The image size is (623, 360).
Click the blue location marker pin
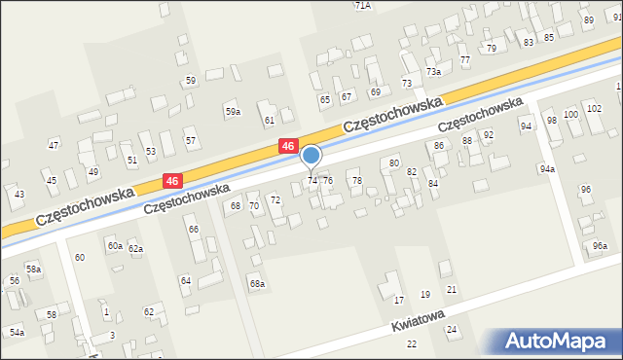coord(311,157)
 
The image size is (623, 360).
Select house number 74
coord(312,181)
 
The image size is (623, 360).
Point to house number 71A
coord(362,5)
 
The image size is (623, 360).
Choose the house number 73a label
coord(433,72)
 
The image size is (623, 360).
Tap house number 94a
coord(548,168)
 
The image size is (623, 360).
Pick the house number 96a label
coord(601,245)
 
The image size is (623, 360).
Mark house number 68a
coord(257,284)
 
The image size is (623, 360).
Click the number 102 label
coord(594,108)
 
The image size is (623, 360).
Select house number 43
coord(19,195)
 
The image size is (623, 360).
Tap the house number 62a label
coord(135,249)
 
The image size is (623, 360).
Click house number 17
coord(398,300)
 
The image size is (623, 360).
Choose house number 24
coord(452,330)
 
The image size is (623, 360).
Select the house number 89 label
coord(588,20)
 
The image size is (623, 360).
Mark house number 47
coord(54,145)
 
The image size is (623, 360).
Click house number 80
coord(394,162)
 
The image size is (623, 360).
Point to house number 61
coord(270,120)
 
